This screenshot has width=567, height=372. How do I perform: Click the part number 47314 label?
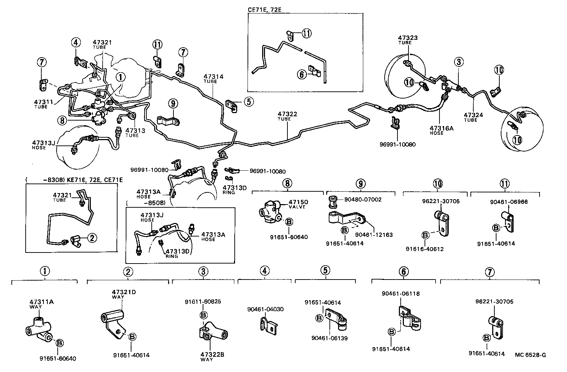pos(213,76)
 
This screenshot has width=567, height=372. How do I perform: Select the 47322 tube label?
pos(287,114)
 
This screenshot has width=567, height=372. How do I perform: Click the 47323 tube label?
pos(408,37)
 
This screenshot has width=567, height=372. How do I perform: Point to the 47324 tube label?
pos(473,115)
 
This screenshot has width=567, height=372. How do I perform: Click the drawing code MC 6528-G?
pos(530,355)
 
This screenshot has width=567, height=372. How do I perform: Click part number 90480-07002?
pos(363,200)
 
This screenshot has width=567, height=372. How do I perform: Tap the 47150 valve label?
pos(298,202)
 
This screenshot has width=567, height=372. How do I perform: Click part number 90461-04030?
pos(265,309)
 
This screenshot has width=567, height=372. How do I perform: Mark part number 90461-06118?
pos(400,294)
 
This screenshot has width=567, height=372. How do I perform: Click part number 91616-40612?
pos(425,249)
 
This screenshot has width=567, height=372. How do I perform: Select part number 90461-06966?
pos(509,202)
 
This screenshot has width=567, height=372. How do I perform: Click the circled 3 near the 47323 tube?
pos(459,62)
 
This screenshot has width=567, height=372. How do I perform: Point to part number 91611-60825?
pos(203,302)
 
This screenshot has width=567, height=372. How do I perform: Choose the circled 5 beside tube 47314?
pos(248,102)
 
